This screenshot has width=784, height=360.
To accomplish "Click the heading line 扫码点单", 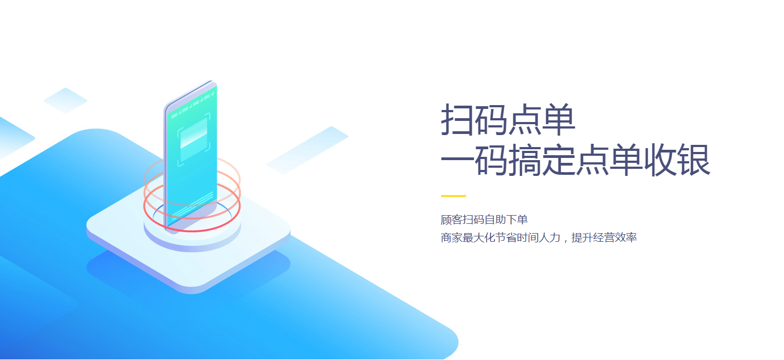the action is (x=508, y=119).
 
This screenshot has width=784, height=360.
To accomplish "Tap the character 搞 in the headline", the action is (x=525, y=160).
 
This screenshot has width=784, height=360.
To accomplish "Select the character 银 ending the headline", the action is (x=694, y=160).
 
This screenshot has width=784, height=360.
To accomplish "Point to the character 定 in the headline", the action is (x=559, y=160).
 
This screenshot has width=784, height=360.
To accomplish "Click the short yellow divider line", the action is (x=453, y=196).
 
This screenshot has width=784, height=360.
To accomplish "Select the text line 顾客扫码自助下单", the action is (x=484, y=219).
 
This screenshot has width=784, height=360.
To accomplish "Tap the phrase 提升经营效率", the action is (x=604, y=238).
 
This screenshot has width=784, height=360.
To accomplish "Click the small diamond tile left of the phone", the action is (x=65, y=101).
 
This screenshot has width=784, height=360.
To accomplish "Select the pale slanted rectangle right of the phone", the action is (x=308, y=150).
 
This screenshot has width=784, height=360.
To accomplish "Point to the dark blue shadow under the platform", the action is (x=188, y=277).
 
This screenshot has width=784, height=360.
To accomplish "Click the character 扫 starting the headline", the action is (x=457, y=119).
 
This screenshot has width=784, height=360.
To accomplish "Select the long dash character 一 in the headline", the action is (x=457, y=160).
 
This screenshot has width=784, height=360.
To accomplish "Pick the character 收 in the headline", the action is (x=660, y=160).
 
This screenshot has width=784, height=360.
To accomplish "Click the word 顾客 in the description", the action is (x=451, y=219).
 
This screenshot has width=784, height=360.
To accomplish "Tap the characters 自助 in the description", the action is (x=495, y=219).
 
